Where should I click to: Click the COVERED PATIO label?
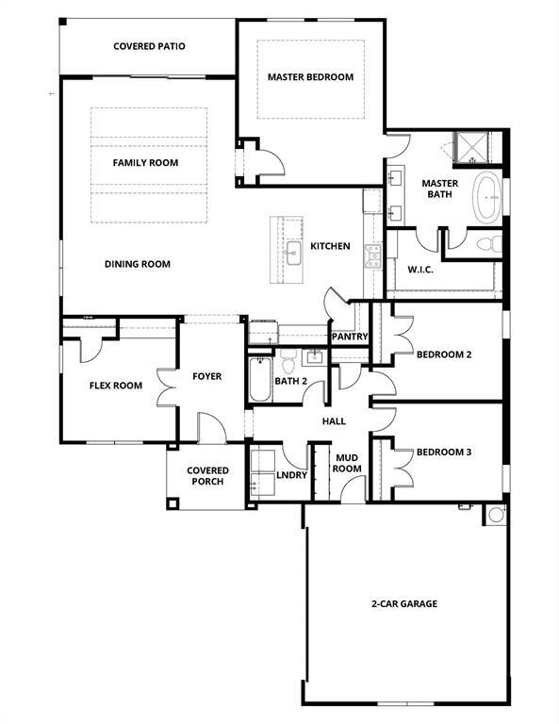[x=149, y=45]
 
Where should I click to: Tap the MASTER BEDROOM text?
[x=310, y=77]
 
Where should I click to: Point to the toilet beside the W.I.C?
[x=486, y=244]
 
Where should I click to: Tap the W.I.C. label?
[x=420, y=270]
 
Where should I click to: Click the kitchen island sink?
[x=293, y=249]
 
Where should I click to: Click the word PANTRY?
[x=349, y=337]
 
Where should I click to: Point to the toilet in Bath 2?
[x=289, y=358]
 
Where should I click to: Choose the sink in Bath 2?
[x=313, y=355]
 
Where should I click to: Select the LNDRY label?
[x=292, y=475]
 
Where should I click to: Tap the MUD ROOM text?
[x=348, y=463]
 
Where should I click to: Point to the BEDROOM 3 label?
[x=443, y=452]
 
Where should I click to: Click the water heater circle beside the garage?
[x=494, y=516]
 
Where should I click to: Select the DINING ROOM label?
[x=138, y=264]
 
